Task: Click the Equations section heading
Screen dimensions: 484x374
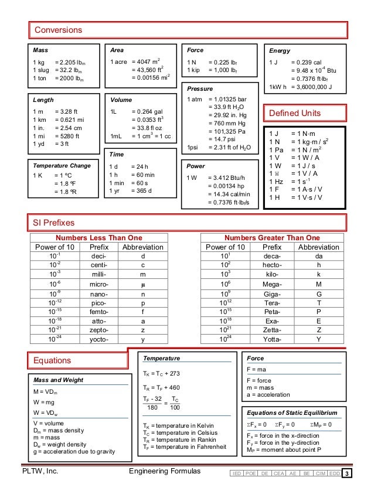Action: (53, 360)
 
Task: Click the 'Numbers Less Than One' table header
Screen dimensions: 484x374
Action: (98, 238)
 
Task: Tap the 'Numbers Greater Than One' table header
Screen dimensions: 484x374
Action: (273, 238)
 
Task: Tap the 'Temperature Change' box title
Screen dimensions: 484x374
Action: (62, 166)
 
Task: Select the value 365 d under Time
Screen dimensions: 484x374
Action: (142, 191)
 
